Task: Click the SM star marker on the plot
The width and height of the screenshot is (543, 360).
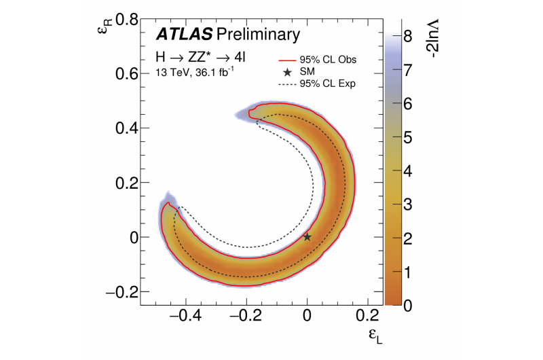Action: tap(307, 236)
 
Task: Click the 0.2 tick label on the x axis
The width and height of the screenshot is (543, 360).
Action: tap(368, 315)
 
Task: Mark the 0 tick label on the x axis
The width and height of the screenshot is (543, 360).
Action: tap(307, 315)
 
